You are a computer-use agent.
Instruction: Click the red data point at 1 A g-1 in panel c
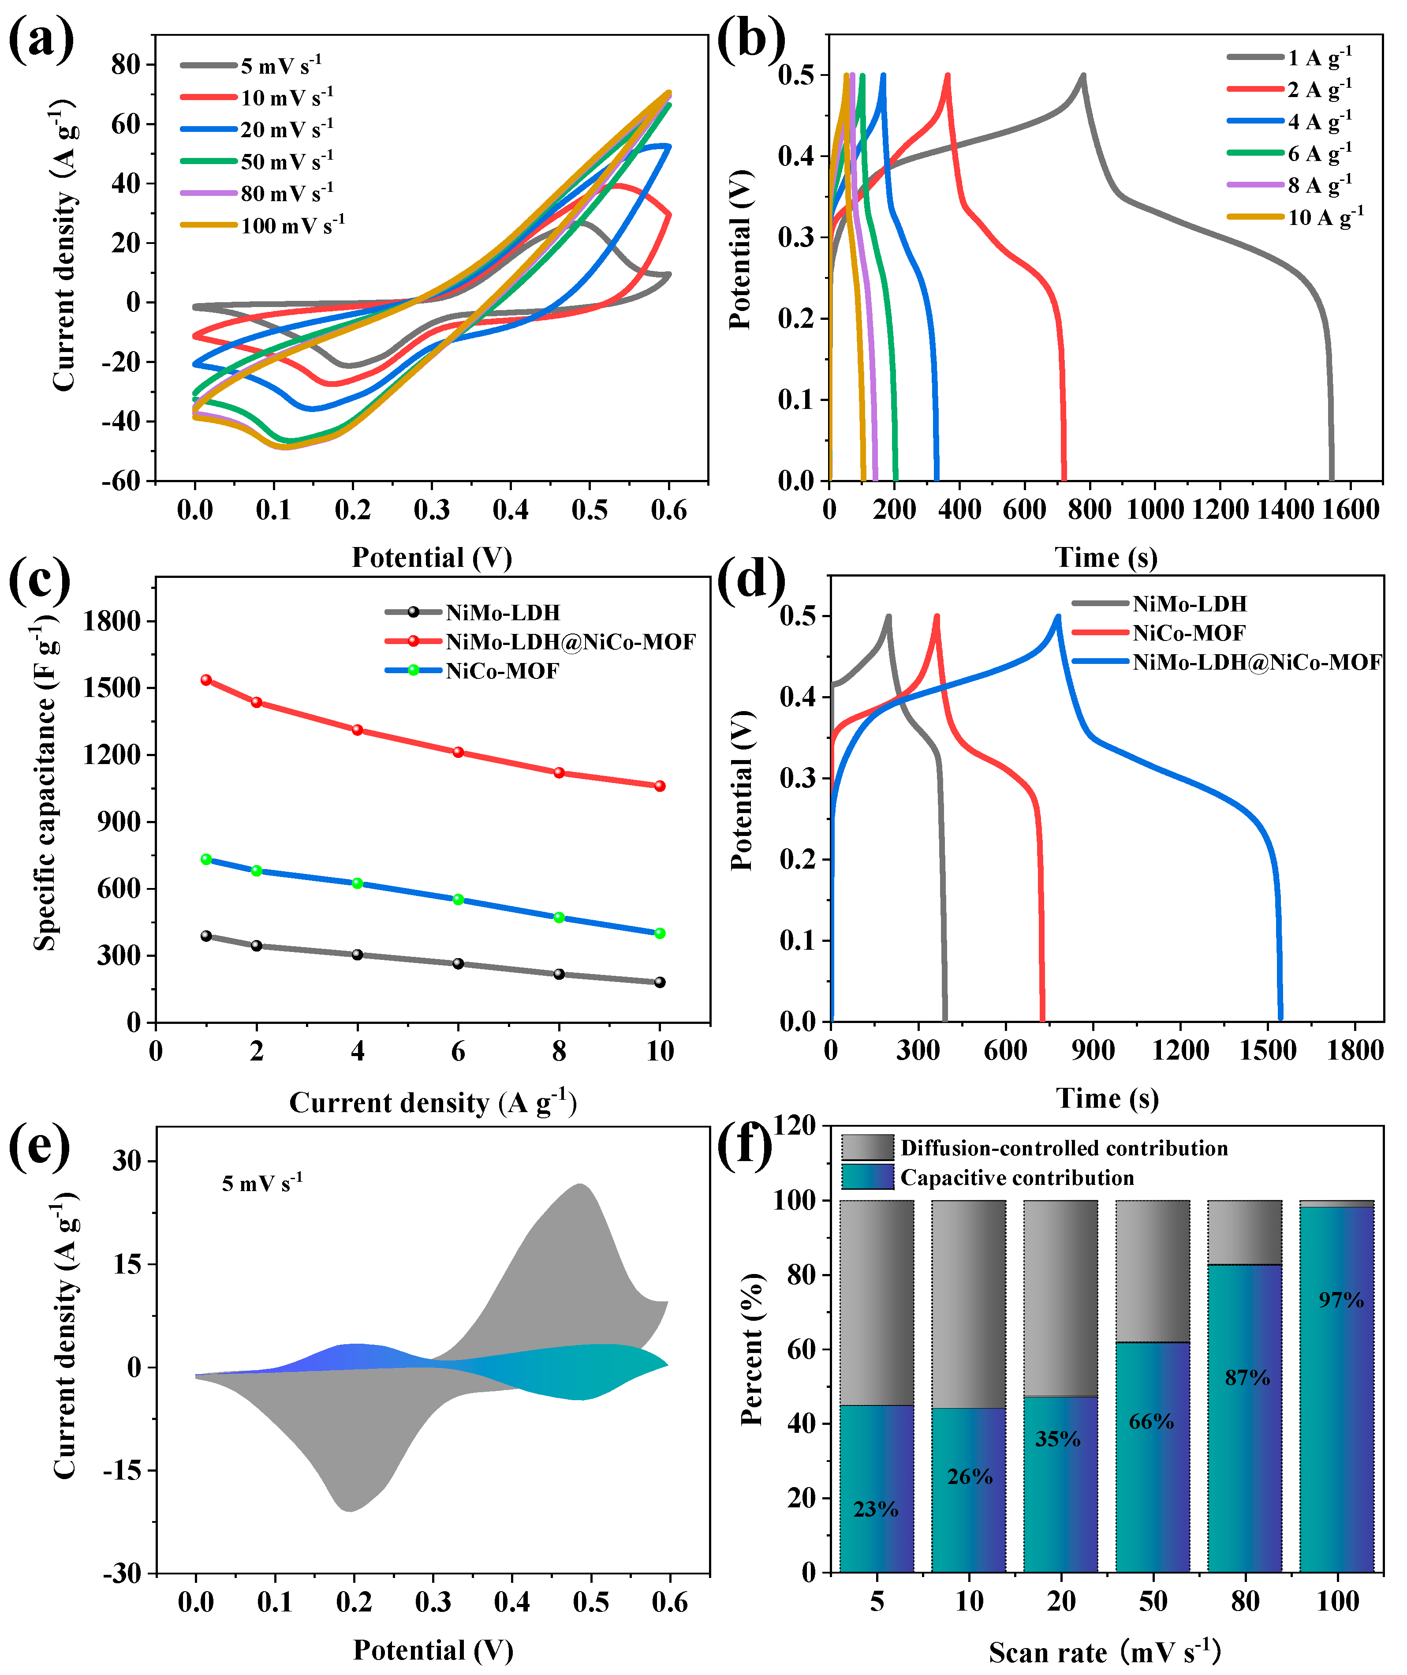207,680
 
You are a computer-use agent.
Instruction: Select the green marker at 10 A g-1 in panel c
660,933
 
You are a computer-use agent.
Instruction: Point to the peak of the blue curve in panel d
1058,617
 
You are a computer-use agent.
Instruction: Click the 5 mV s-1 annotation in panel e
261,1184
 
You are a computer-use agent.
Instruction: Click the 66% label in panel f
1151,1421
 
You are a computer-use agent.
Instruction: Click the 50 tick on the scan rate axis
1153,1601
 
